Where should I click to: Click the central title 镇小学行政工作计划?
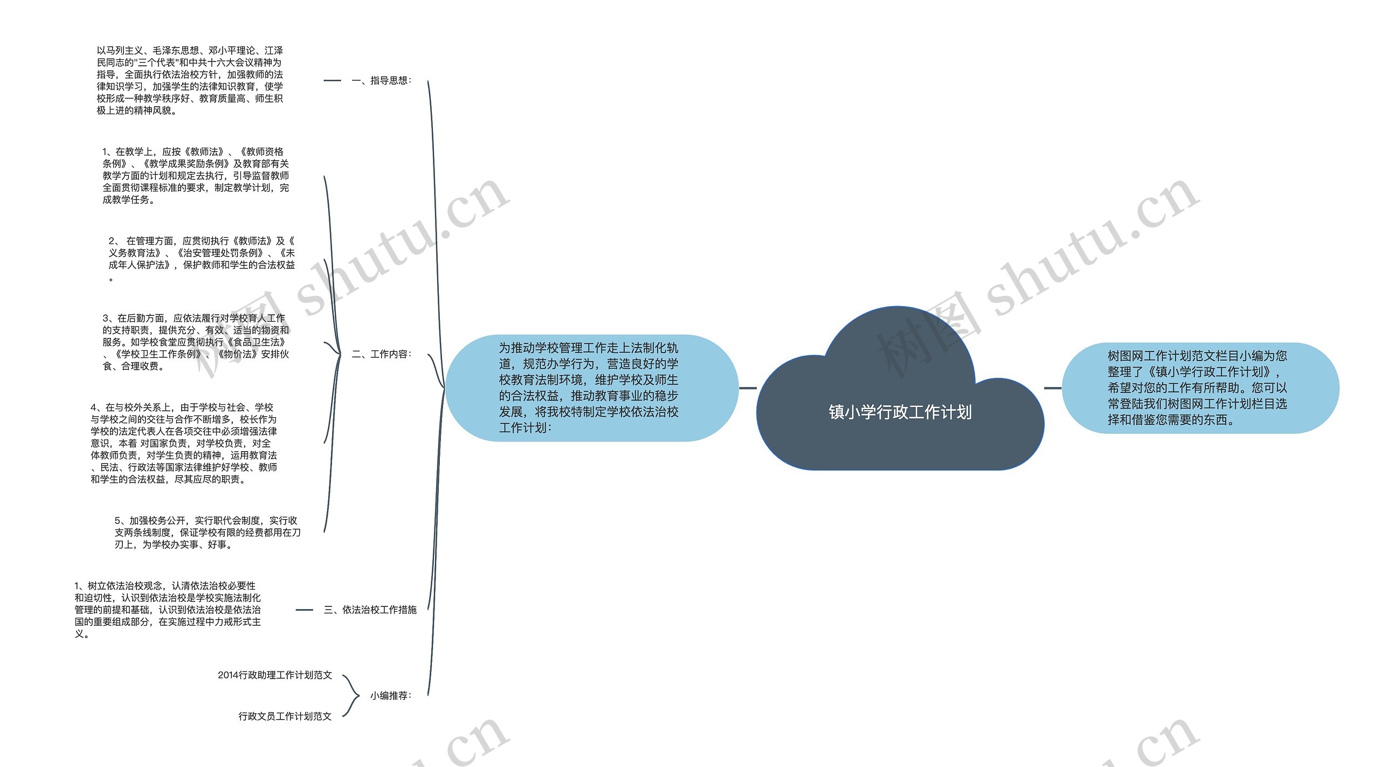point(900,412)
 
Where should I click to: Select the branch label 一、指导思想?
point(382,81)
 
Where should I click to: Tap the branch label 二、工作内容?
point(382,354)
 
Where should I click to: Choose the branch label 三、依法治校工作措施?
point(370,610)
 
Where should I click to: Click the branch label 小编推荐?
point(391,696)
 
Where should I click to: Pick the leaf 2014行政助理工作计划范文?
point(275,675)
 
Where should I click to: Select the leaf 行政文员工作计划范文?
point(285,716)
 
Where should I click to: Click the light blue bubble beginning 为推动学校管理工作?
point(591,388)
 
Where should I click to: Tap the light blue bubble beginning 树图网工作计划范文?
point(1199,388)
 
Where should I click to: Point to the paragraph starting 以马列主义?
point(190,80)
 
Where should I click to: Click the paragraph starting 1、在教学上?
point(196,176)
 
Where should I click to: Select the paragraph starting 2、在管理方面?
point(202,259)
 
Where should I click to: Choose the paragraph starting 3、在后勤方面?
point(196,342)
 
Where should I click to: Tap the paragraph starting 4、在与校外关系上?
point(184,443)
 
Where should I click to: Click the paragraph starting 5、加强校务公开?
point(208,533)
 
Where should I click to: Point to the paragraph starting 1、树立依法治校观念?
point(168,610)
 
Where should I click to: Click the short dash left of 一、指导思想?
point(332,81)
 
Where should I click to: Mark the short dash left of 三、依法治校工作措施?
point(304,610)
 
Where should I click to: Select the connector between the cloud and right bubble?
point(1052,388)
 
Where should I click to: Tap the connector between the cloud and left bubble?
point(748,388)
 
